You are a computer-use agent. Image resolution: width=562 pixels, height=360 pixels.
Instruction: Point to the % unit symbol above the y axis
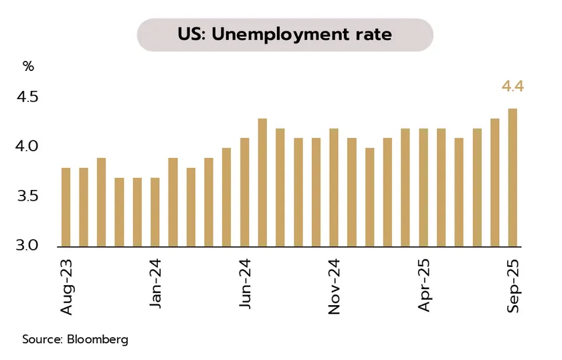click(28, 66)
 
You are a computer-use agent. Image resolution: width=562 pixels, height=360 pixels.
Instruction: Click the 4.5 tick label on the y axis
click(27, 98)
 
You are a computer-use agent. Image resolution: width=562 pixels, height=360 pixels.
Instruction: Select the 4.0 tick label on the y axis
click(27, 147)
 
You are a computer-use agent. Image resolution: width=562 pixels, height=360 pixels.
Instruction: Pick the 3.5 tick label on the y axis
click(27, 197)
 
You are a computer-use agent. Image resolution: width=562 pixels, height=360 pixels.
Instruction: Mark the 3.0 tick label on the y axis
click(27, 246)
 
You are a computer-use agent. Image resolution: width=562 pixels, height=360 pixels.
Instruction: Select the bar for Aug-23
click(66, 207)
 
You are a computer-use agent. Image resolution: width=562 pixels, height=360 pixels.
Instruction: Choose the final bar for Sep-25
click(512, 178)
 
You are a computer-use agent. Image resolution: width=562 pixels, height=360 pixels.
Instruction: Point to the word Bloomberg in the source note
click(97, 339)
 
